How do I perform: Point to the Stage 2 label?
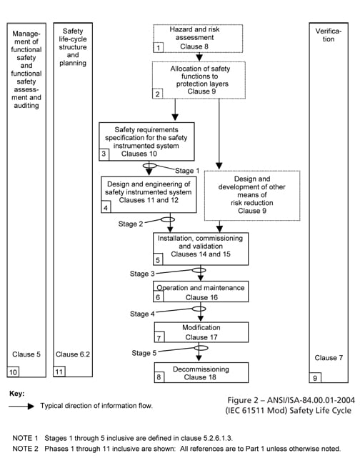pyautogui.click(x=132, y=223)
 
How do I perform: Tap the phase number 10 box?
pyautogui.click(x=13, y=372)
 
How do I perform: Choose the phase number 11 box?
pyautogui.click(x=60, y=372)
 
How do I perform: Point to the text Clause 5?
pyautogui.click(x=26, y=354)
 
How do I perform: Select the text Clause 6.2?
pyautogui.click(x=71, y=354)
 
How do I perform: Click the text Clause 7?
pyautogui.click(x=329, y=357)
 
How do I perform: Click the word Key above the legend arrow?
pyautogui.click(x=17, y=394)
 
